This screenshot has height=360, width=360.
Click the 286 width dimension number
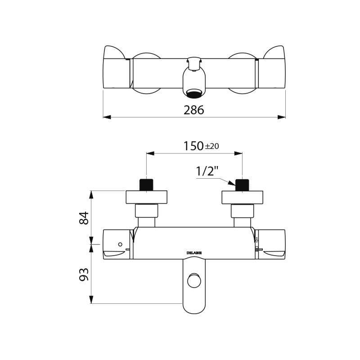[x=194, y=110]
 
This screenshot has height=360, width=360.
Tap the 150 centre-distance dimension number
[x=193, y=146]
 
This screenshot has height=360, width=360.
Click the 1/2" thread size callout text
[x=207, y=171]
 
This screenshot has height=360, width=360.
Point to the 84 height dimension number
[x=84, y=218]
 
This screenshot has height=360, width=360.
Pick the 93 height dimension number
[x=84, y=274]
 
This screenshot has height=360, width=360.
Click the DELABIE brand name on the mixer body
[x=194, y=253]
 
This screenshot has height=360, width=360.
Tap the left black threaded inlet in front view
[x=147, y=184]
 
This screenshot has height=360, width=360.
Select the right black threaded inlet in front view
[x=243, y=184]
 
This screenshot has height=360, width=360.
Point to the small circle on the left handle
[x=120, y=244]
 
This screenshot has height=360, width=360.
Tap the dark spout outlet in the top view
[x=194, y=94]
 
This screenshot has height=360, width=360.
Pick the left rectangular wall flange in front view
[x=147, y=198]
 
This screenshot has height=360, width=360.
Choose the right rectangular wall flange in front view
[x=243, y=198]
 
